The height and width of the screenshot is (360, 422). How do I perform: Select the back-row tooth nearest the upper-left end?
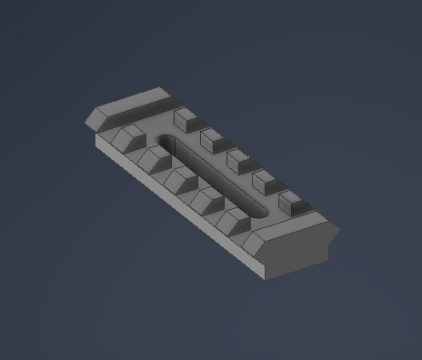[186, 117]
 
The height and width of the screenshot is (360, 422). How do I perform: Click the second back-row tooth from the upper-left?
[214, 139]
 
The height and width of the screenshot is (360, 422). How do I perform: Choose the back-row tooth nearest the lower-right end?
[293, 203]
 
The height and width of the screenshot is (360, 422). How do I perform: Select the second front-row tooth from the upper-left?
[155, 161]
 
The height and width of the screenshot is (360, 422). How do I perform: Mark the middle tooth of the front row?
[181, 182]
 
